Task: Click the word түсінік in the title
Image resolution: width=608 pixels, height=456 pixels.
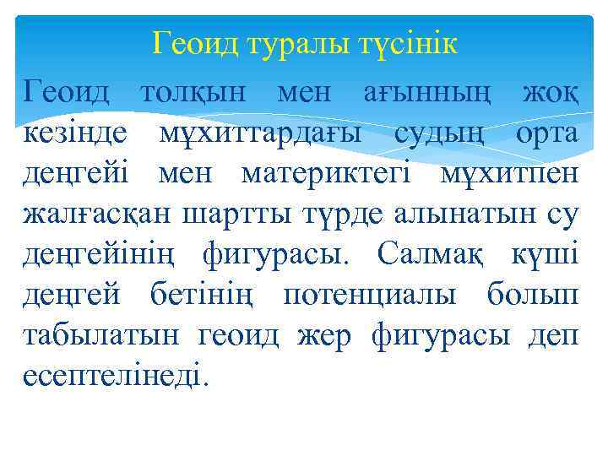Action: point(405,42)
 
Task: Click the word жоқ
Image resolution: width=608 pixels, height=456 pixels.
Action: point(551,93)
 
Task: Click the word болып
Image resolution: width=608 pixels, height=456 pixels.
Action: point(534,296)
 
